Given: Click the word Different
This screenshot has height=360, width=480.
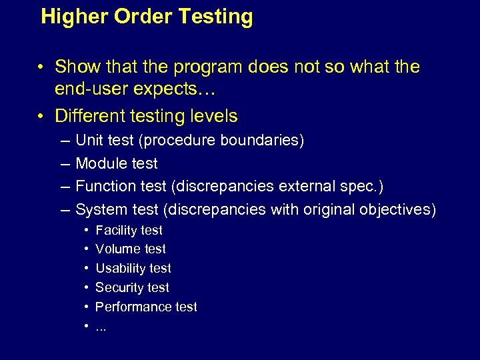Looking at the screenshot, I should coord(91,116).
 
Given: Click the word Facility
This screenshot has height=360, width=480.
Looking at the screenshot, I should coord(116,230).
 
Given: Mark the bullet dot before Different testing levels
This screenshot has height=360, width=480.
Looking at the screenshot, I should coord(41,117).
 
